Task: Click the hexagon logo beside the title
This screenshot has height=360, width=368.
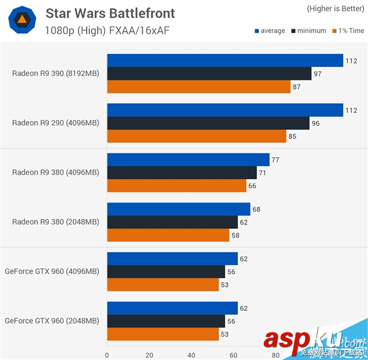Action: point(21,22)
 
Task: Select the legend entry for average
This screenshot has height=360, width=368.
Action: point(269,31)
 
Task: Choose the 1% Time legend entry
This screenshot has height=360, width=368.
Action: point(348,31)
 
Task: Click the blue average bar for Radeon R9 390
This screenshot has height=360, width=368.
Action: point(224,60)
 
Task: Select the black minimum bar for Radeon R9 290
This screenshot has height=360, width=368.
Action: point(208,123)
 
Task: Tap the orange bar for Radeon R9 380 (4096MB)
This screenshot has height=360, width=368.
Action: point(177,185)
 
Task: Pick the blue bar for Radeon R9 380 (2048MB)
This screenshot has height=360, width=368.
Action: point(178,209)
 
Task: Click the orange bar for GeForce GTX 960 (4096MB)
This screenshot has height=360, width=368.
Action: point(163,285)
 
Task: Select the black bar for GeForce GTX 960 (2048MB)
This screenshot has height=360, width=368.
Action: point(166,321)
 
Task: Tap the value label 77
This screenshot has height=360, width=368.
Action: point(275,160)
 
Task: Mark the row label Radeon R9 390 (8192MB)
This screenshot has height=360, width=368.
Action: point(55,74)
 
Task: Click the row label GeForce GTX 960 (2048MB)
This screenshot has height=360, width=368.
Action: point(52,321)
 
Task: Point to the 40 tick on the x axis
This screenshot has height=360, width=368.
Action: point(191,354)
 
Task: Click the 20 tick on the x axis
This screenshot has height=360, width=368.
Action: point(149,354)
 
